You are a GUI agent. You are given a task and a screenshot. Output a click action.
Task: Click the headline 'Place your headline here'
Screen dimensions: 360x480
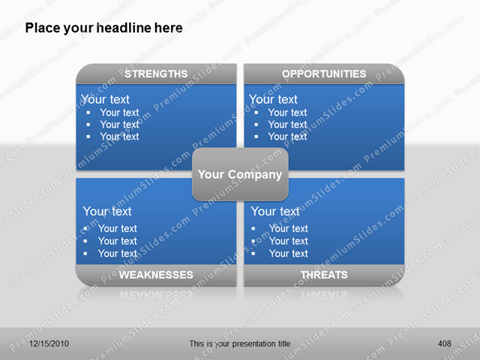[103, 28]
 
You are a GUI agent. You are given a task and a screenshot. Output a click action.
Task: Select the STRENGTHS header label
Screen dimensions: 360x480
[156, 73]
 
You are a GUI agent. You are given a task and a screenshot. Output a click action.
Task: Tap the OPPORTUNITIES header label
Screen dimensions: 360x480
[324, 73]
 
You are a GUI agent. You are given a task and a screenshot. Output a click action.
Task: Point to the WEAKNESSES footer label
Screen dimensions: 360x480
[156, 275]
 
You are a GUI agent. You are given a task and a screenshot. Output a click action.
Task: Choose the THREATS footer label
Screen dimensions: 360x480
[324, 275]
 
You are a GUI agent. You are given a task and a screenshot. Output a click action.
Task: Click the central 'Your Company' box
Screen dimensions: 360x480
[240, 175]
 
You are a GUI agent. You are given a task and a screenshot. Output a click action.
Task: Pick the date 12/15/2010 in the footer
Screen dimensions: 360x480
[49, 343]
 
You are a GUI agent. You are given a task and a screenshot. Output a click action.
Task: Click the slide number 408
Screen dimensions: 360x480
[445, 343]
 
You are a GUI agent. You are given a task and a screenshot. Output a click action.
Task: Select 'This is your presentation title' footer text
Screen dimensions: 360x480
[240, 343]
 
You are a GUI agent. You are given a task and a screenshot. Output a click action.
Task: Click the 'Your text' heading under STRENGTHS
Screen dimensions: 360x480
[105, 99]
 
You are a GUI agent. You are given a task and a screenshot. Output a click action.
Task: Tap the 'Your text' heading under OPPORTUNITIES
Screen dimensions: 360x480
[273, 99]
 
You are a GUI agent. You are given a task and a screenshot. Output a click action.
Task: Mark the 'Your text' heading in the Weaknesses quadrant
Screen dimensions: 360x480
[107, 211]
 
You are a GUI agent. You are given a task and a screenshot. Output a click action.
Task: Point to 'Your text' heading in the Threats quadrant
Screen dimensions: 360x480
[275, 211]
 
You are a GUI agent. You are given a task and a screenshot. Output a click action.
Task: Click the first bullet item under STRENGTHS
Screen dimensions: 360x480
[119, 112]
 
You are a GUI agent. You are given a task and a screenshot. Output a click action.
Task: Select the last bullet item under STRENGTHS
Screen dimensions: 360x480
[119, 136]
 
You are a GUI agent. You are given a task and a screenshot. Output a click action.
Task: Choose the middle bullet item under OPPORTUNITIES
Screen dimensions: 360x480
[287, 124]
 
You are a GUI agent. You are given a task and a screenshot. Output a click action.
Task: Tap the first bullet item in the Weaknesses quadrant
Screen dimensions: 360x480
[118, 229]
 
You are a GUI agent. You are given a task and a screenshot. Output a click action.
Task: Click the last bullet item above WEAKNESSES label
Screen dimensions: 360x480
[118, 253]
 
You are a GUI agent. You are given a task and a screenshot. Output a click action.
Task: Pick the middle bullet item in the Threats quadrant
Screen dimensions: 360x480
[289, 241]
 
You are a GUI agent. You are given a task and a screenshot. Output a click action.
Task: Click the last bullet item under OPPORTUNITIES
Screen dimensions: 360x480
[287, 136]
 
